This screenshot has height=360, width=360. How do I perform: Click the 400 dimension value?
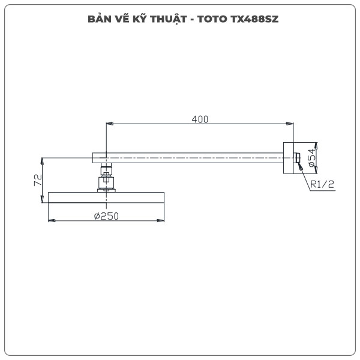click(200, 119)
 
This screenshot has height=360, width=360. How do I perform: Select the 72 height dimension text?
click(37, 180)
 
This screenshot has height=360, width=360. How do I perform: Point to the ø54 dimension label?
click(312, 158)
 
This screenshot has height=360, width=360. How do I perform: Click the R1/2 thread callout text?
click(322, 185)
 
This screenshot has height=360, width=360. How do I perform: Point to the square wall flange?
click(289, 158)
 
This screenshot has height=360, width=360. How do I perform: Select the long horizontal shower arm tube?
click(192, 158)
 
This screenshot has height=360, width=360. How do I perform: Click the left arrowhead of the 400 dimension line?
click(109, 124)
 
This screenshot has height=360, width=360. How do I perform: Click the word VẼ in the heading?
click(116, 19)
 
